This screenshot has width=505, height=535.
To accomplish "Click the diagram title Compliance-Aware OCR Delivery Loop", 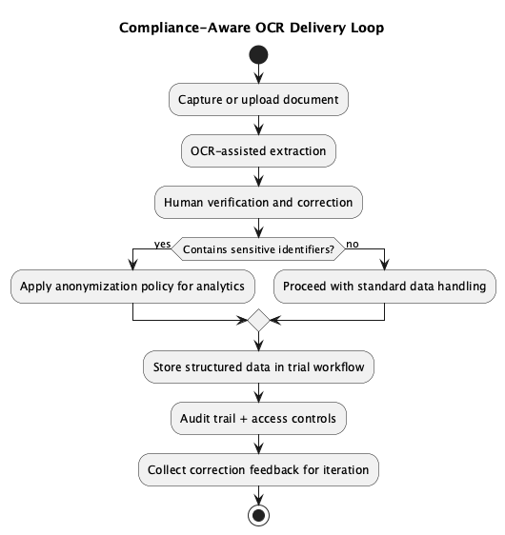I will pos(252,28).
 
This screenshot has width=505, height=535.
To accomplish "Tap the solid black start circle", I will pos(258,55).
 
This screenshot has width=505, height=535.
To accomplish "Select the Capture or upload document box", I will pos(258,98).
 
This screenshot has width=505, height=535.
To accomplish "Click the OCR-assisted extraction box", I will pos(258,149).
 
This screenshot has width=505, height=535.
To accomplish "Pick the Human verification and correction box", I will pos(258,202).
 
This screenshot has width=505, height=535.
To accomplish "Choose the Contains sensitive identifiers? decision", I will pos(258,250).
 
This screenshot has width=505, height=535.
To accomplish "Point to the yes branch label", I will pos(162,244).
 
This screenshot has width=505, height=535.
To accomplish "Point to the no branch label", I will pos(353,244).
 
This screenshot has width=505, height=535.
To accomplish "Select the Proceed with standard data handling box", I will pos(385,287).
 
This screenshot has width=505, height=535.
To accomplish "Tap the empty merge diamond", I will pos(258,323).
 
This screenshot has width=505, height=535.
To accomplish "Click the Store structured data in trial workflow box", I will pos(258,366).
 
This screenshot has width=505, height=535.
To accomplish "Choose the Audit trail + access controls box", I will pos(258,417).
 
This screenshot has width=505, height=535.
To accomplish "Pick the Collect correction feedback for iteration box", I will pos(258,469).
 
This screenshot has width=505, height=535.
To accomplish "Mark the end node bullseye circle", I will pos(258,515).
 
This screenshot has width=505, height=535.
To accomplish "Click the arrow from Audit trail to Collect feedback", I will pos(258,444).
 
